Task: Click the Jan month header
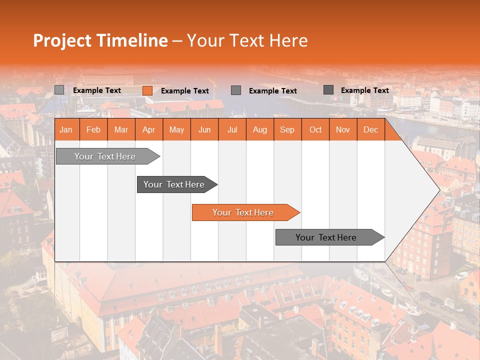tap(66, 129)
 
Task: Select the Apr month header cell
tap(149, 129)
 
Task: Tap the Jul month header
tap(232, 129)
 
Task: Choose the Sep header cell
tap(287, 129)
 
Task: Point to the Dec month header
tap(370, 129)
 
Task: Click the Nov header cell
tap(343, 129)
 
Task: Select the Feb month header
tap(93, 129)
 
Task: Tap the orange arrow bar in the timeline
tap(243, 212)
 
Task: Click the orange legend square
tap(147, 90)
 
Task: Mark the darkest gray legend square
tap(328, 90)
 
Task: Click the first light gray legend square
tap(59, 90)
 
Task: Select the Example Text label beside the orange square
tap(185, 91)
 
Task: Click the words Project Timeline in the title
tap(100, 40)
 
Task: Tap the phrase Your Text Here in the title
tap(247, 40)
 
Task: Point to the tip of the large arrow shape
tap(438, 190)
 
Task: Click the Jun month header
tap(204, 129)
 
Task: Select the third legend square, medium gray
tap(236, 90)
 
